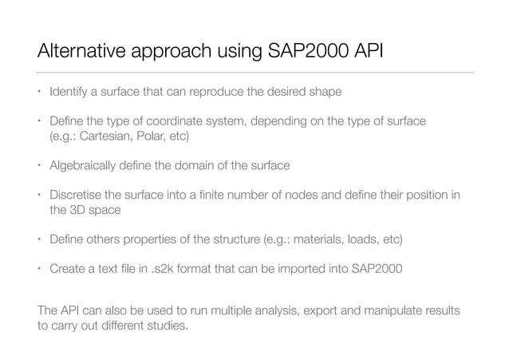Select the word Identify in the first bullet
point(69,92)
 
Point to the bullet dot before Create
point(38,268)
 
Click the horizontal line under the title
point(255,73)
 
